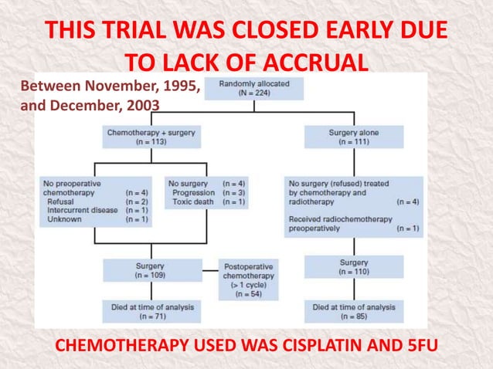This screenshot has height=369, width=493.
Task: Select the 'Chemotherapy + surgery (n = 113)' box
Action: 151,138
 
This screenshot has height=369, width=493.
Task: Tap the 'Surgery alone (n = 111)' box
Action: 353,138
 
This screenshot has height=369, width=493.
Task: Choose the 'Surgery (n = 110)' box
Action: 353,267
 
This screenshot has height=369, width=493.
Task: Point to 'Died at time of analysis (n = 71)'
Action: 150,311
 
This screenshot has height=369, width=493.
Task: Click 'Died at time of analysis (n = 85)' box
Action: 353,311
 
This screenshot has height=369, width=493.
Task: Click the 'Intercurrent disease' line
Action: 81,210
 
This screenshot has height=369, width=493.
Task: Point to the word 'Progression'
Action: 194,192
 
